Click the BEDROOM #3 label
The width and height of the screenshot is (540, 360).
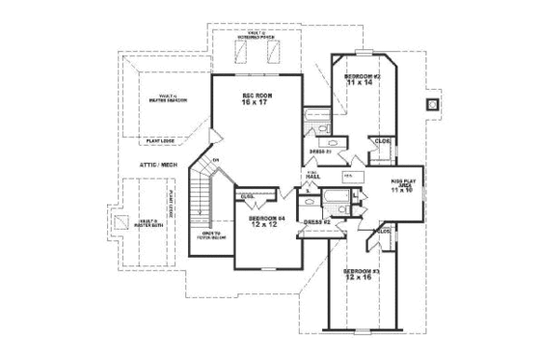[361, 271]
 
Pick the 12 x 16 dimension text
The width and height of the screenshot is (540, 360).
[361, 280]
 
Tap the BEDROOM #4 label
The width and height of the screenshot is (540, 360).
[264, 218]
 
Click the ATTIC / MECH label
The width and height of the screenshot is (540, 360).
[157, 165]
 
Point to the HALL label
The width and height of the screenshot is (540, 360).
[312, 177]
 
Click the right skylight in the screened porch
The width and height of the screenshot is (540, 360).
[273, 53]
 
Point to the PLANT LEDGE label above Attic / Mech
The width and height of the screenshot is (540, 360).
[161, 141]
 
